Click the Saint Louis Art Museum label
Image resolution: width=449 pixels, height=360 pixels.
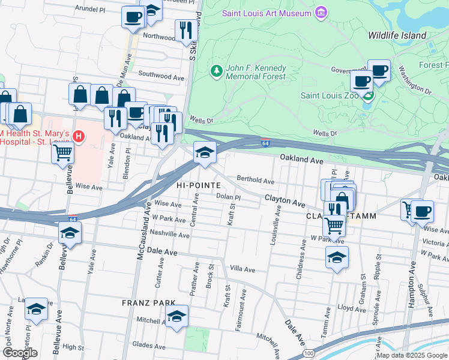pos(267,13)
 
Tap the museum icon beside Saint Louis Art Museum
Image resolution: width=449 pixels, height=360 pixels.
pos(322,13)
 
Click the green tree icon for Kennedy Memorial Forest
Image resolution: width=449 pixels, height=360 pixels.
pos(216,71)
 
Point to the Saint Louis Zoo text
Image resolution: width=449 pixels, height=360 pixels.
pos(330,95)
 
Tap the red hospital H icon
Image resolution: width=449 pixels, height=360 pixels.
pos(77,137)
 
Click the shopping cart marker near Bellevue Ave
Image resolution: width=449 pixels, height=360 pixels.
pos(62,154)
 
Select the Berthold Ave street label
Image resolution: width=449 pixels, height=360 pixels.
pos(255,180)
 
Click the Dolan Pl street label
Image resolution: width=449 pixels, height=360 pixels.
pos(228,197)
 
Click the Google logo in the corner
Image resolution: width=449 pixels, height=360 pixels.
pos(20,352)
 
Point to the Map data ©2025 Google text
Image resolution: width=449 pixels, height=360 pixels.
pos(411,355)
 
